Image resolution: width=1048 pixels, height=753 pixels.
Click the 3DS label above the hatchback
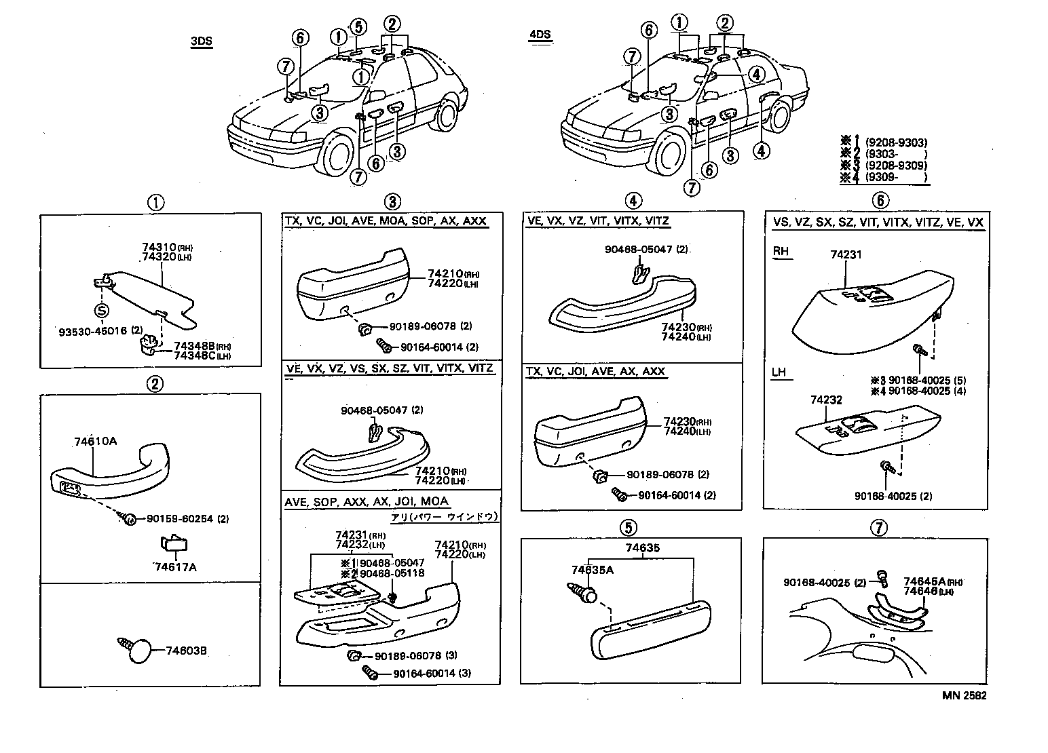click(202, 41)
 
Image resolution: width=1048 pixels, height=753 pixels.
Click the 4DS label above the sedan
click(540, 35)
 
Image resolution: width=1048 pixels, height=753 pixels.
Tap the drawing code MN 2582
click(964, 695)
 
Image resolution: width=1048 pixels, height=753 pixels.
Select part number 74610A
click(95, 441)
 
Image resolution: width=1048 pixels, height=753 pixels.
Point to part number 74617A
click(174, 566)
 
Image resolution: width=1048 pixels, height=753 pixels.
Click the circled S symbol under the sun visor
click(101, 311)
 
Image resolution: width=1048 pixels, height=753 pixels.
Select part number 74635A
click(592, 570)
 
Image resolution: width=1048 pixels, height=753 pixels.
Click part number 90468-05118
click(392, 573)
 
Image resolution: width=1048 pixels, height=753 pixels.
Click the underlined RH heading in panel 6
click(781, 251)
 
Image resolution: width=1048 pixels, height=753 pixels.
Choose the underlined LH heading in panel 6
click(780, 372)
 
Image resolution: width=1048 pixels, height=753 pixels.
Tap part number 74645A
click(924, 581)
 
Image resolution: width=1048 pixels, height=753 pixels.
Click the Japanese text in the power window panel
click(444, 516)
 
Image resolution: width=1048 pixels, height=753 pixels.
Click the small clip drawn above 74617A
click(173, 545)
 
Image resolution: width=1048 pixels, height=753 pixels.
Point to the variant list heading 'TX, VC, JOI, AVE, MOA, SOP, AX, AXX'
click(385, 221)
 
